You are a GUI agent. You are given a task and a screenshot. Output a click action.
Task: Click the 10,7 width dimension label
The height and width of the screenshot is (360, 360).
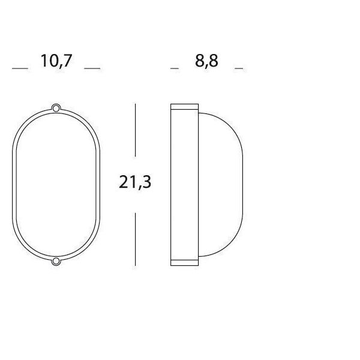[56, 61]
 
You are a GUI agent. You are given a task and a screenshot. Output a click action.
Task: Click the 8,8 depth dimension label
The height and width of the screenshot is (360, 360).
[206, 61]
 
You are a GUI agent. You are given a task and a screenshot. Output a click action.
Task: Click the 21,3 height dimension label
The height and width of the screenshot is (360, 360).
[135, 182]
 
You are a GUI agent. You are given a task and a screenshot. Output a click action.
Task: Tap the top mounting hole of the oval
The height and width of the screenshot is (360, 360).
[56, 107]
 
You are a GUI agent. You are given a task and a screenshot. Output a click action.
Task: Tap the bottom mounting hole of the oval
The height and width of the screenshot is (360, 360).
[56, 261]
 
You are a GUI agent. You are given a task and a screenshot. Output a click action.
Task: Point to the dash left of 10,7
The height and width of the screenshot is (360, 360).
[20, 68]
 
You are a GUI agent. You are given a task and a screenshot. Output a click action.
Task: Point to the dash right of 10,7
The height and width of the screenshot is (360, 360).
[92, 68]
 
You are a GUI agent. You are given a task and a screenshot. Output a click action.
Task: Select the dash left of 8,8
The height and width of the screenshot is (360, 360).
[175, 68]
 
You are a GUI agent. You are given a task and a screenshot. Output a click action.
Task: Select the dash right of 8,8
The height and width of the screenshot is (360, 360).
[239, 68]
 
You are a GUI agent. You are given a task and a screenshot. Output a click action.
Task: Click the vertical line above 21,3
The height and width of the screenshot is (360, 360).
[135, 130]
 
